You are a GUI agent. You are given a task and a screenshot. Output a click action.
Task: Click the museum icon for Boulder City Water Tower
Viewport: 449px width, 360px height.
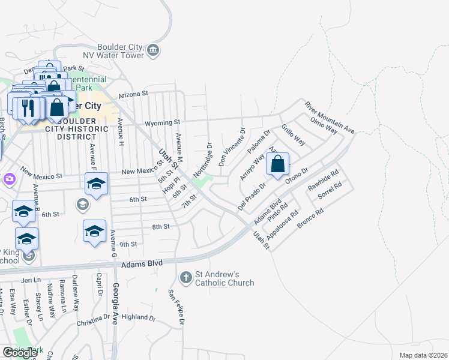pyautogui.click(x=153, y=49)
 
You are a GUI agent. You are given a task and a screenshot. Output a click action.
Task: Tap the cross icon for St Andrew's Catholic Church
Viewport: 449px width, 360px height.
pyautogui.click(x=185, y=277)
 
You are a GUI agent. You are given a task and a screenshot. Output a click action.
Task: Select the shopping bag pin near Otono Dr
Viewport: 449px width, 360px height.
pyautogui.click(x=277, y=164)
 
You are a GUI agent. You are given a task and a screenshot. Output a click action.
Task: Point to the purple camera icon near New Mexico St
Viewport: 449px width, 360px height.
pyautogui.click(x=9, y=179)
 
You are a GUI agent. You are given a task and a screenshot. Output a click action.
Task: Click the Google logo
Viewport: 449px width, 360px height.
pyautogui.click(x=20, y=353)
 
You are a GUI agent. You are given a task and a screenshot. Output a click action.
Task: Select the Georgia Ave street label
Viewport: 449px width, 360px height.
pyautogui.click(x=116, y=302)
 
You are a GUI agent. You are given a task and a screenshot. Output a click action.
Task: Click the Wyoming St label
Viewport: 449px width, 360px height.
pyautogui.click(x=162, y=122)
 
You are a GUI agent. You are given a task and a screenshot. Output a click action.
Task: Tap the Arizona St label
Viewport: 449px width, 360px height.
pyautogui.click(x=133, y=94)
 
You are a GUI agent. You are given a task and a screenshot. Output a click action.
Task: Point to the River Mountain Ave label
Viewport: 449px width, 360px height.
pyautogui.click(x=330, y=117)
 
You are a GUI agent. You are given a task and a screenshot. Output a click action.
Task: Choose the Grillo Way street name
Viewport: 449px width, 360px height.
pyautogui.click(x=294, y=136)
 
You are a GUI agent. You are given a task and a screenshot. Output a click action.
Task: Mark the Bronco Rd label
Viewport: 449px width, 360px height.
pyautogui.click(x=310, y=221)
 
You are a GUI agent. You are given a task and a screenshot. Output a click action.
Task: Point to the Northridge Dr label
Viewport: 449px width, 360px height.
pyautogui.click(x=203, y=160)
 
